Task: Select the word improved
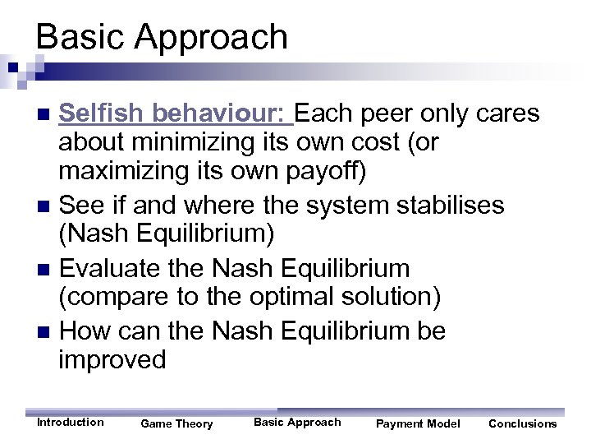pos(112,359)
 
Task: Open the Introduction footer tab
pos(71,423)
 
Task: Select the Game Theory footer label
pos(176,424)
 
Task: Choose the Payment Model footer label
pos(418,424)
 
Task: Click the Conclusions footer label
pos(522,424)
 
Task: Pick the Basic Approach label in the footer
pos(297,423)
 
